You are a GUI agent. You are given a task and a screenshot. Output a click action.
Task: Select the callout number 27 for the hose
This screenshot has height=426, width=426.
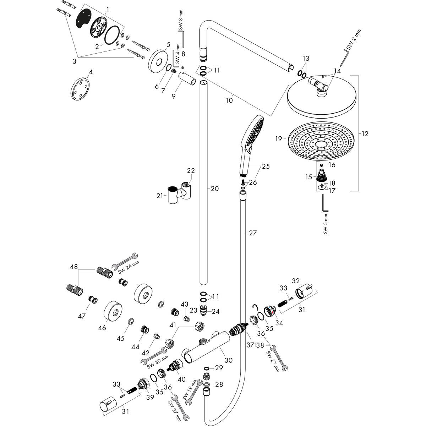coord(252,233)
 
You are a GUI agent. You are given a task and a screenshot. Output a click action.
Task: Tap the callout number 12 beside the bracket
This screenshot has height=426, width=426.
coord(365,134)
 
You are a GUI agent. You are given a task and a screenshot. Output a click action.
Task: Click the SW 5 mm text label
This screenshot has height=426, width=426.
coord(325,225)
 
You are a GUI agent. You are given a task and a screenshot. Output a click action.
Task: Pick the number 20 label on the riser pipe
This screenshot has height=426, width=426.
coord(214,189)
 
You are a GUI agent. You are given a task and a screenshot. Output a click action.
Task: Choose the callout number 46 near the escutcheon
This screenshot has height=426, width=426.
coord(102,328)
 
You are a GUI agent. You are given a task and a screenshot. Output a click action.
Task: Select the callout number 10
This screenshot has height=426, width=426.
coord(229,100)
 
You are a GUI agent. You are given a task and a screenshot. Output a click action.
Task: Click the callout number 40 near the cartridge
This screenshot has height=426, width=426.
coord(181,379)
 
